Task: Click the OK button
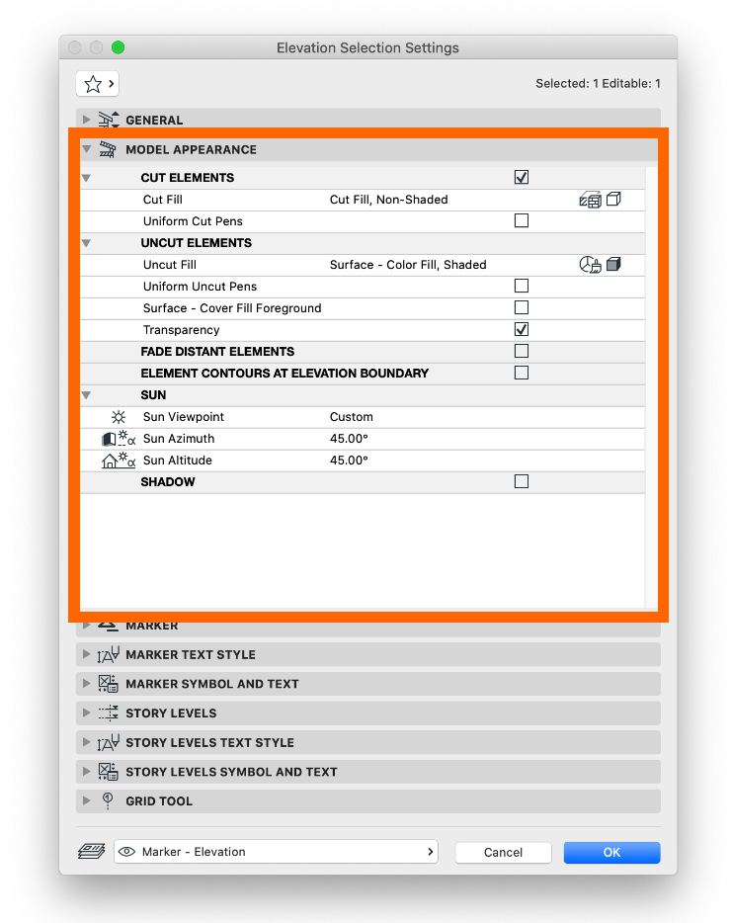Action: coord(611,852)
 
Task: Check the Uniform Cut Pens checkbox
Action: coord(522,221)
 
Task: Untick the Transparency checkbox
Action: coord(522,330)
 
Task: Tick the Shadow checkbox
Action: coord(522,482)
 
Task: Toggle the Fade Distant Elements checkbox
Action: coord(522,352)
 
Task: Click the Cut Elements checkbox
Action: coord(522,178)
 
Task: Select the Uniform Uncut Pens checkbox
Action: coord(522,287)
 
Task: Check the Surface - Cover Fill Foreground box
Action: coord(522,308)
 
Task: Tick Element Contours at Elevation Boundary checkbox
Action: coord(522,374)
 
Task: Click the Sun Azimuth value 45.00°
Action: coord(349,439)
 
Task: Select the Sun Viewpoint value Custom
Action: coord(352,417)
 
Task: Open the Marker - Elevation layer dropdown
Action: coord(276,852)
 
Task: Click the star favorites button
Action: coord(98,84)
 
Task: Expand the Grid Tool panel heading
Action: coord(158,801)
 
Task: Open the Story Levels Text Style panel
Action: coord(209,743)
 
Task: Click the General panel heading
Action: coord(154,121)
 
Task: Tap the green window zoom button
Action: coord(119,47)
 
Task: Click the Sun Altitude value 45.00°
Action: coord(349,461)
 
